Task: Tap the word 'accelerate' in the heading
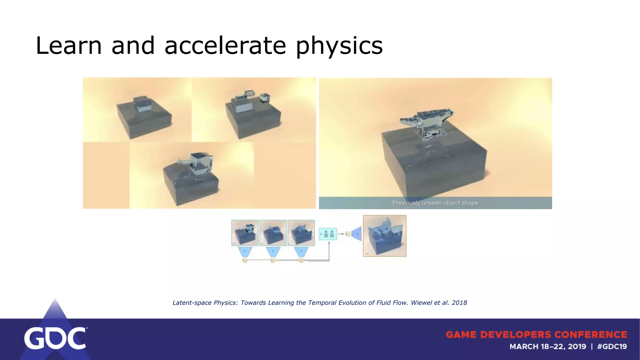225,46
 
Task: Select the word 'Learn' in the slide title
69,46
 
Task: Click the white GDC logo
55,338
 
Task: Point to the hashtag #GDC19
612,347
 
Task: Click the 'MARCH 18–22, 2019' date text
547,347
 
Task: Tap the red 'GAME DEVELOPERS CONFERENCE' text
536,335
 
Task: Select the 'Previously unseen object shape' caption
435,203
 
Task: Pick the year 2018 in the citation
459,302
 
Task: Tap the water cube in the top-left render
141,104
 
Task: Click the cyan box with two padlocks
328,234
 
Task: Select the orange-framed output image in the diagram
385,236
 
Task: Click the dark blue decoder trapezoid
357,234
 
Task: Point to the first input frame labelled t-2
245,233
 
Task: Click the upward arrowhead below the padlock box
329,243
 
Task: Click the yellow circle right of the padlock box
347,234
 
